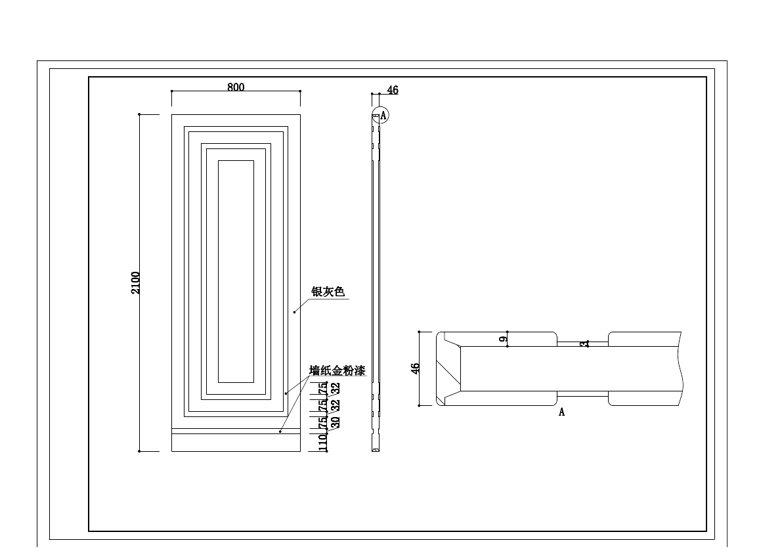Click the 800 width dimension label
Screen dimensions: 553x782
[x=236, y=87]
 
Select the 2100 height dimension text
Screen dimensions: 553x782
[x=136, y=282]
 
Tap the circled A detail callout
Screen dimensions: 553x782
[x=380, y=116]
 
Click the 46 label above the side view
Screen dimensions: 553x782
[x=393, y=91]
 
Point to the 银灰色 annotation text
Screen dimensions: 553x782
[x=328, y=292]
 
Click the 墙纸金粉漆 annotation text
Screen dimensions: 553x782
[x=337, y=371]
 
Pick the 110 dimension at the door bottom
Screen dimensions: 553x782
[x=323, y=442]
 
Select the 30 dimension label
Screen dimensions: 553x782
[x=336, y=422]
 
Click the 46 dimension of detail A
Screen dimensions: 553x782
[x=415, y=368]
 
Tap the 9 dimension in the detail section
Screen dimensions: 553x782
[x=503, y=340]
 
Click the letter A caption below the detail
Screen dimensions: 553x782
[x=561, y=412]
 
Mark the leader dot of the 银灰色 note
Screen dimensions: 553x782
[x=295, y=312]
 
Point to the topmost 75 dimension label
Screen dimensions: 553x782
[x=323, y=388]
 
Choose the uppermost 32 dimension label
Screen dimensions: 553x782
[x=336, y=388]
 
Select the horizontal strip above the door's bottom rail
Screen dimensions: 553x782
[x=236, y=431]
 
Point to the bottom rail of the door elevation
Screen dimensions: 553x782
[x=236, y=443]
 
